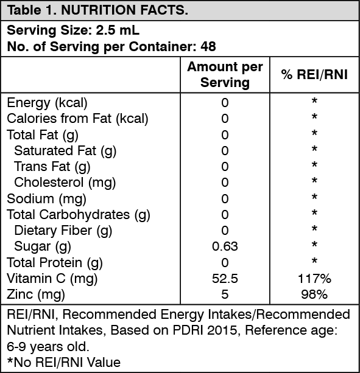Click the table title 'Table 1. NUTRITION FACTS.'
pyautogui.click(x=97, y=10)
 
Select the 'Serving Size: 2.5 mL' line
pyautogui.click(x=73, y=30)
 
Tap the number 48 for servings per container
pyautogui.click(x=208, y=46)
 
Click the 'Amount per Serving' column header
pyautogui.click(x=225, y=74)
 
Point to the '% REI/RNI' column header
pyautogui.click(x=314, y=74)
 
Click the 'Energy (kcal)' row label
pyautogui.click(x=47, y=103)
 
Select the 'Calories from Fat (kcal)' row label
pyautogui.click(x=77, y=119)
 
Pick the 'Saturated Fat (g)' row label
pyautogui.click(x=65, y=151)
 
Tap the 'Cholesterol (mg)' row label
pyautogui.click(x=65, y=183)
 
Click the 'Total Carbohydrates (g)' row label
pyautogui.click(x=79, y=215)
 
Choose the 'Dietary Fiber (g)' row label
pyautogui.click(x=63, y=231)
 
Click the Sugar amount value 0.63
pyautogui.click(x=225, y=246)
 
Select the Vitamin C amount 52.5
pyautogui.click(x=225, y=279)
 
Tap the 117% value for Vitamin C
pyautogui.click(x=314, y=279)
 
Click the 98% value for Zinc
pyautogui.click(x=314, y=295)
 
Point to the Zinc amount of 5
pyautogui.click(x=225, y=295)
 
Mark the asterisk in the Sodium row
pyautogui.click(x=314, y=197)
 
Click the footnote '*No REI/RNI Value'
pyautogui.click(x=64, y=362)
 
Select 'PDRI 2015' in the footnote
pyautogui.click(x=205, y=330)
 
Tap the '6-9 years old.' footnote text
pyautogui.click(x=48, y=347)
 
